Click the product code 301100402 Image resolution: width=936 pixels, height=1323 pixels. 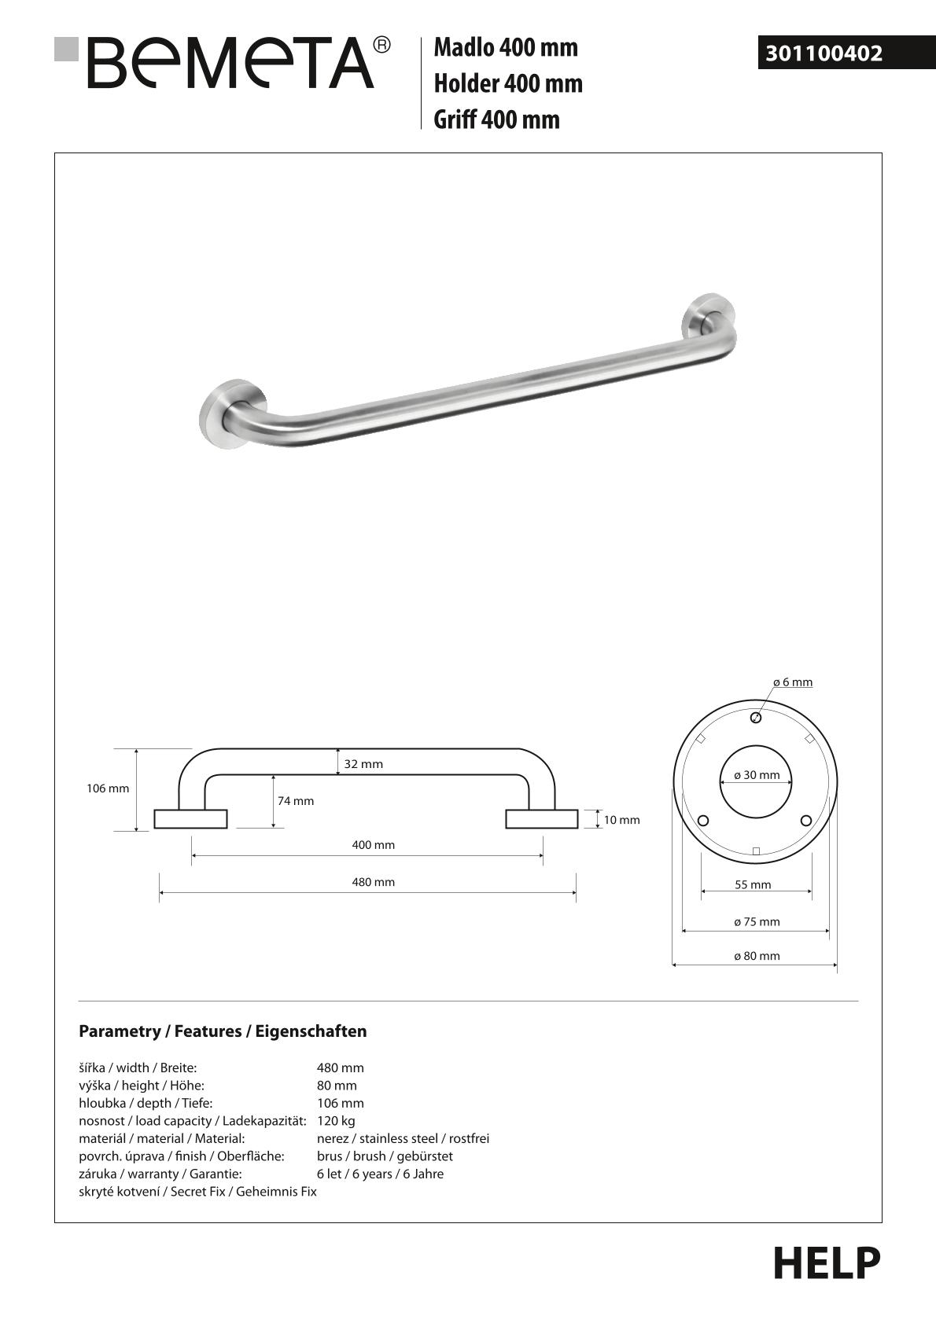click(824, 53)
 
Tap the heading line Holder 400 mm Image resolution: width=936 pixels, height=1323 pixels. click(508, 83)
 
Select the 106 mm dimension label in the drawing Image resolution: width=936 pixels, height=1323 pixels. click(108, 788)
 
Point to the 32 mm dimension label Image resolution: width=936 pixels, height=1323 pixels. click(363, 764)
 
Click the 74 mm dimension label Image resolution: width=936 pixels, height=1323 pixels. click(296, 801)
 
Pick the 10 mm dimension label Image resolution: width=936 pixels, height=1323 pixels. click(621, 820)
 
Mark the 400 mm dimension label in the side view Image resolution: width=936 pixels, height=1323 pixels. click(374, 845)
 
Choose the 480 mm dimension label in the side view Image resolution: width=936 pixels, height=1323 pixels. click(374, 882)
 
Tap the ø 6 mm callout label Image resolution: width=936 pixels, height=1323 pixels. click(793, 682)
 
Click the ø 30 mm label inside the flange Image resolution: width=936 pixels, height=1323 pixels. click(757, 775)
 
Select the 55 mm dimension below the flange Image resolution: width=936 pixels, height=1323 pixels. click(753, 884)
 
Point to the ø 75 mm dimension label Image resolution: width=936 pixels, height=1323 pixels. click(757, 921)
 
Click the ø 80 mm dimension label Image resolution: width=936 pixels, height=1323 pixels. click(757, 956)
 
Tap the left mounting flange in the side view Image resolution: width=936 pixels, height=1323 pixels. click(190, 819)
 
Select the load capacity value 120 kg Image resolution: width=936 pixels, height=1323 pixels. click(336, 1121)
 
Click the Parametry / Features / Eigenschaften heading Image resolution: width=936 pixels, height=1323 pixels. click(223, 1031)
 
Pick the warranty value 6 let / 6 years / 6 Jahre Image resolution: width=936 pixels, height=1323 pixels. click(380, 1174)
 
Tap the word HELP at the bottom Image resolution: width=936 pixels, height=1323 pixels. click(827, 1264)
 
